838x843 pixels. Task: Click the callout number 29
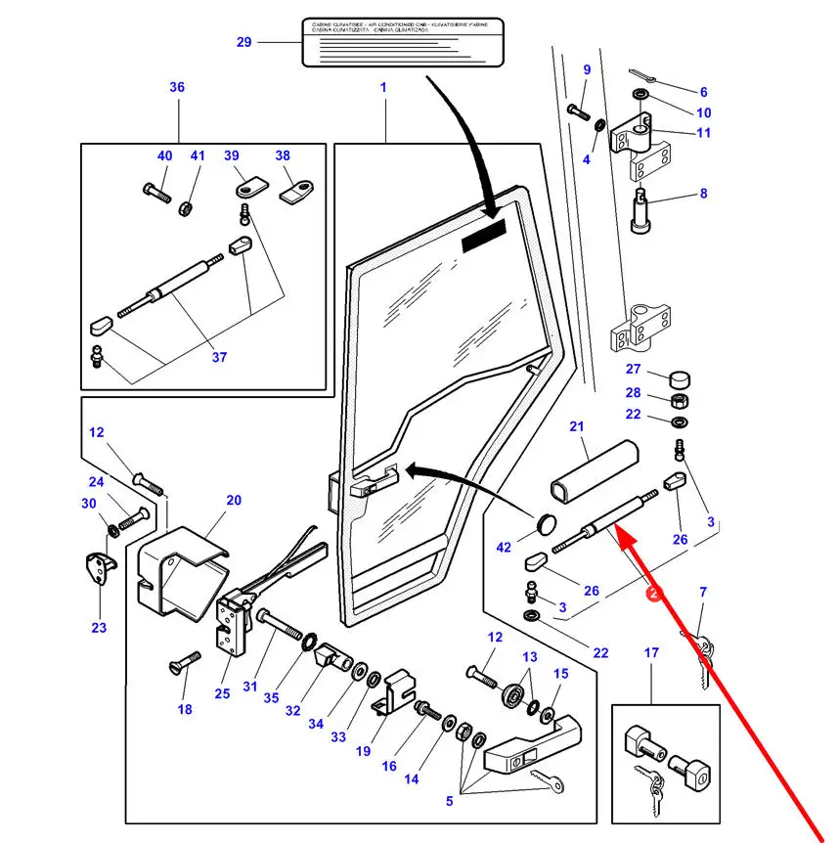coord(244,42)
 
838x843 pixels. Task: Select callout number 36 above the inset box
coord(177,88)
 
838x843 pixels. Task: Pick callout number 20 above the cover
coord(233,501)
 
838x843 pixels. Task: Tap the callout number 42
coord(505,549)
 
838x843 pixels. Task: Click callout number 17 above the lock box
coord(651,653)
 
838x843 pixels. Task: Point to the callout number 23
coord(99,628)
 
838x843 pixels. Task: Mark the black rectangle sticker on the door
coord(485,237)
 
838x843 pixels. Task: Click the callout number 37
coord(219,358)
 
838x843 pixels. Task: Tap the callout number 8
coord(703,195)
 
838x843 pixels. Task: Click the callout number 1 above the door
coord(383,88)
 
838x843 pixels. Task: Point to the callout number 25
coord(222,693)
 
